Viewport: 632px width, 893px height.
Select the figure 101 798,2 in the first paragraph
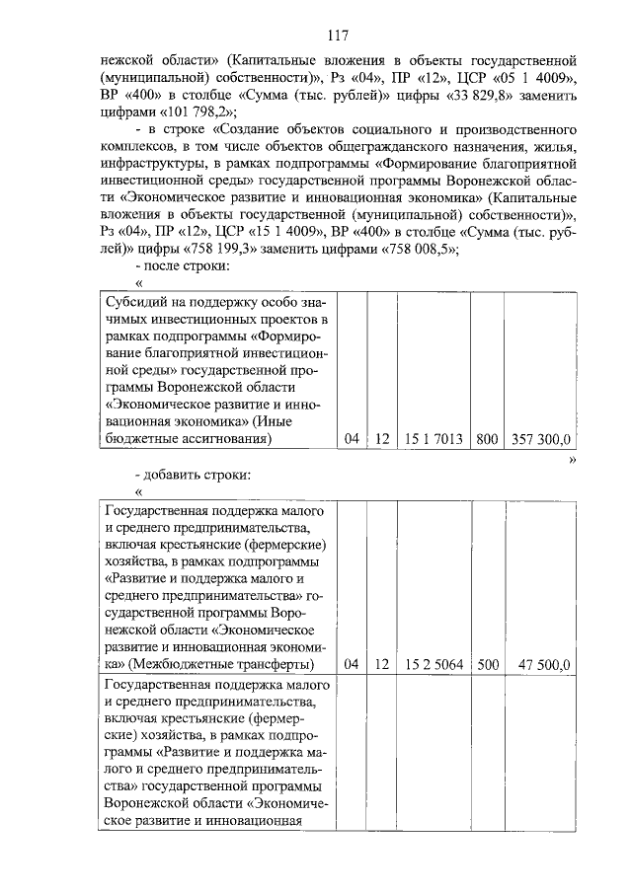point(200,111)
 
